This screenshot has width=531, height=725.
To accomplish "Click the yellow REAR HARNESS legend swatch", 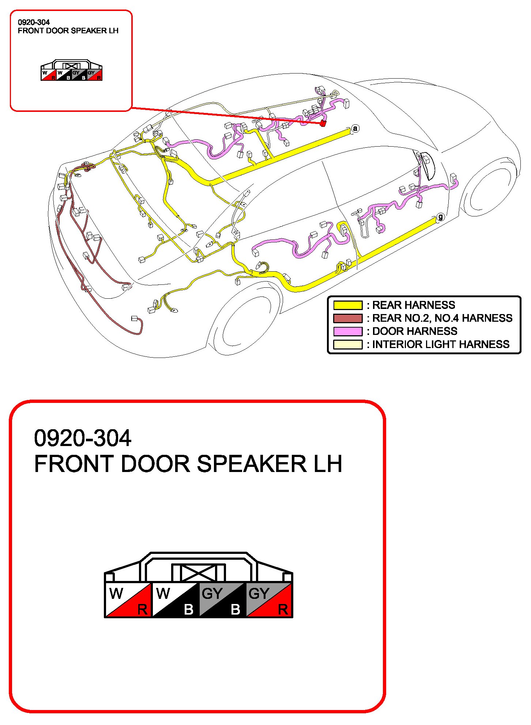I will coord(347,305).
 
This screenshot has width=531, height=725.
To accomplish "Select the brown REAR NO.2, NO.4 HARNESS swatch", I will coord(347,318).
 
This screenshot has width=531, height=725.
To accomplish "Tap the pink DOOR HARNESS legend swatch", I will coord(347,331).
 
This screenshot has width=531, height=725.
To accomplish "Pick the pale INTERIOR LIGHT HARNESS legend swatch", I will coord(347,344).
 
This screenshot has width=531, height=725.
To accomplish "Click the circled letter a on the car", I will coord(355,128).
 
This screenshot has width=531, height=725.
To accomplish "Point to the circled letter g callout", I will coord(441,217).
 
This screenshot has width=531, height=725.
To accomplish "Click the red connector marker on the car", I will coord(323,124).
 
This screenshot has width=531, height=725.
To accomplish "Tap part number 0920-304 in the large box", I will coord(83,438).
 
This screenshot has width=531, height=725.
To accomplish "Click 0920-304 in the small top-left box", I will coord(34,22).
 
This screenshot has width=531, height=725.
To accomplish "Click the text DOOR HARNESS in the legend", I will coord(415,331).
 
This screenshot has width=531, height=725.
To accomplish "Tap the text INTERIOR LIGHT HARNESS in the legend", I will coord(441,344).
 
